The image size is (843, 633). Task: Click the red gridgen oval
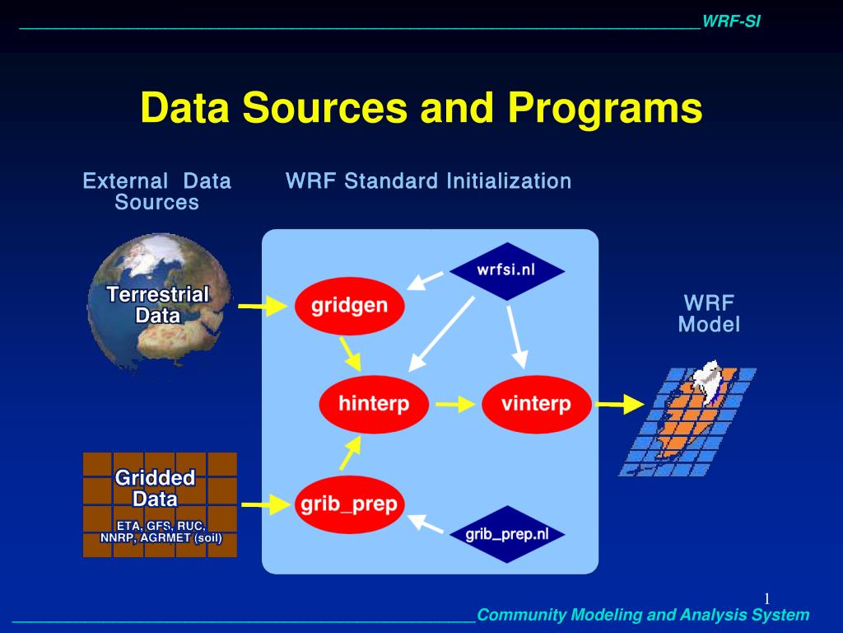[x=349, y=306]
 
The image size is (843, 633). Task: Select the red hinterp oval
[x=375, y=404]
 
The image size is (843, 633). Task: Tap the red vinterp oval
[x=537, y=404]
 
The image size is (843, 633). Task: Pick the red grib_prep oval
[x=349, y=504]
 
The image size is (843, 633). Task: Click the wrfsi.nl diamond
[x=507, y=270]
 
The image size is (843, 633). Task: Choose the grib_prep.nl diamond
[x=507, y=534]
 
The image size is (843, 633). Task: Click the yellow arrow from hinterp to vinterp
[x=455, y=404]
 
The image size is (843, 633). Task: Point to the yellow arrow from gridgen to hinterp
[x=350, y=354]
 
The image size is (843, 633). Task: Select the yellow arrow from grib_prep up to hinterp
[x=350, y=453]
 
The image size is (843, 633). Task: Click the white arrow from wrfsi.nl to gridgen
[x=425, y=280]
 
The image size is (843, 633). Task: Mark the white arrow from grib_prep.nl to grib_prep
[x=425, y=523]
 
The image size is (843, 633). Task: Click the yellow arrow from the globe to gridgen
[x=263, y=306]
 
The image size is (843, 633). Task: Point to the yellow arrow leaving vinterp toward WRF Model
[x=621, y=404]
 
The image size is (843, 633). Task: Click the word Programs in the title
[x=605, y=109]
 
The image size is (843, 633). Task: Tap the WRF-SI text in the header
[x=731, y=21]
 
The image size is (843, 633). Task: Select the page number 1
[x=767, y=598]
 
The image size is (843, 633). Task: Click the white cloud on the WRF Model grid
[x=706, y=377]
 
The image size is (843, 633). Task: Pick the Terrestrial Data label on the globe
[x=157, y=305]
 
